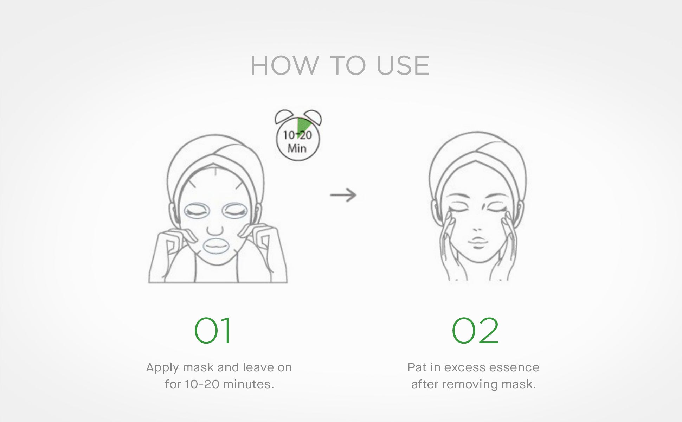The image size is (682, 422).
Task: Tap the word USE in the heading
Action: (403, 66)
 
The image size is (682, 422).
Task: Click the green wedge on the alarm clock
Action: (303, 126)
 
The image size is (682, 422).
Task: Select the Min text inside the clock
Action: (297, 148)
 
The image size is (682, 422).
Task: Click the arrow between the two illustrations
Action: (343, 195)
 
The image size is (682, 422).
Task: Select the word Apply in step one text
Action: (162, 368)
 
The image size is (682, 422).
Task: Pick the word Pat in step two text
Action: (417, 367)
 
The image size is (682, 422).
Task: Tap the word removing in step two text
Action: (470, 384)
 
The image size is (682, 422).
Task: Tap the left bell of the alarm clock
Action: (284, 116)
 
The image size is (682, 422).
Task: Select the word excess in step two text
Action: (464, 367)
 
